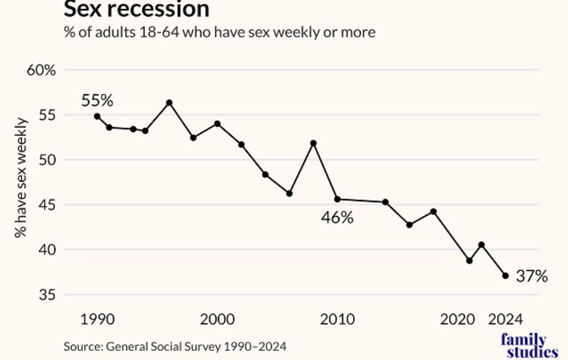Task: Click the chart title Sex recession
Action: click(x=137, y=9)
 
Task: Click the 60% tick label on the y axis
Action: click(x=41, y=70)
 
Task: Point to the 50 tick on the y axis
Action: click(x=47, y=160)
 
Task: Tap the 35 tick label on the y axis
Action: click(x=47, y=295)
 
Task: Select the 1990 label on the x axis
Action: click(x=97, y=319)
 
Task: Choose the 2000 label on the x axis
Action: click(x=217, y=319)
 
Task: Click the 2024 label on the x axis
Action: click(x=505, y=319)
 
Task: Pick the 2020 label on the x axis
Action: click(x=457, y=319)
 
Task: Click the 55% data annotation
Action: click(x=97, y=100)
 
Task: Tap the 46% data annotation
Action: click(x=337, y=218)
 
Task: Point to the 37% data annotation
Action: click(x=532, y=276)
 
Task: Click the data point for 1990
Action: click(x=97, y=116)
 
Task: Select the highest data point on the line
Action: click(x=169, y=103)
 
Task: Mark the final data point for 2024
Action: click(x=505, y=276)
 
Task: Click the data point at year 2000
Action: click(x=217, y=124)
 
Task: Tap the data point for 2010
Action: click(x=337, y=199)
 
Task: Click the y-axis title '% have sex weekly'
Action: click(x=21, y=178)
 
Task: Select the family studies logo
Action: click(x=530, y=346)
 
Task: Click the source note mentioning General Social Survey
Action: click(x=175, y=347)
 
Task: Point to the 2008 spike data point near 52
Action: click(x=313, y=143)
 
